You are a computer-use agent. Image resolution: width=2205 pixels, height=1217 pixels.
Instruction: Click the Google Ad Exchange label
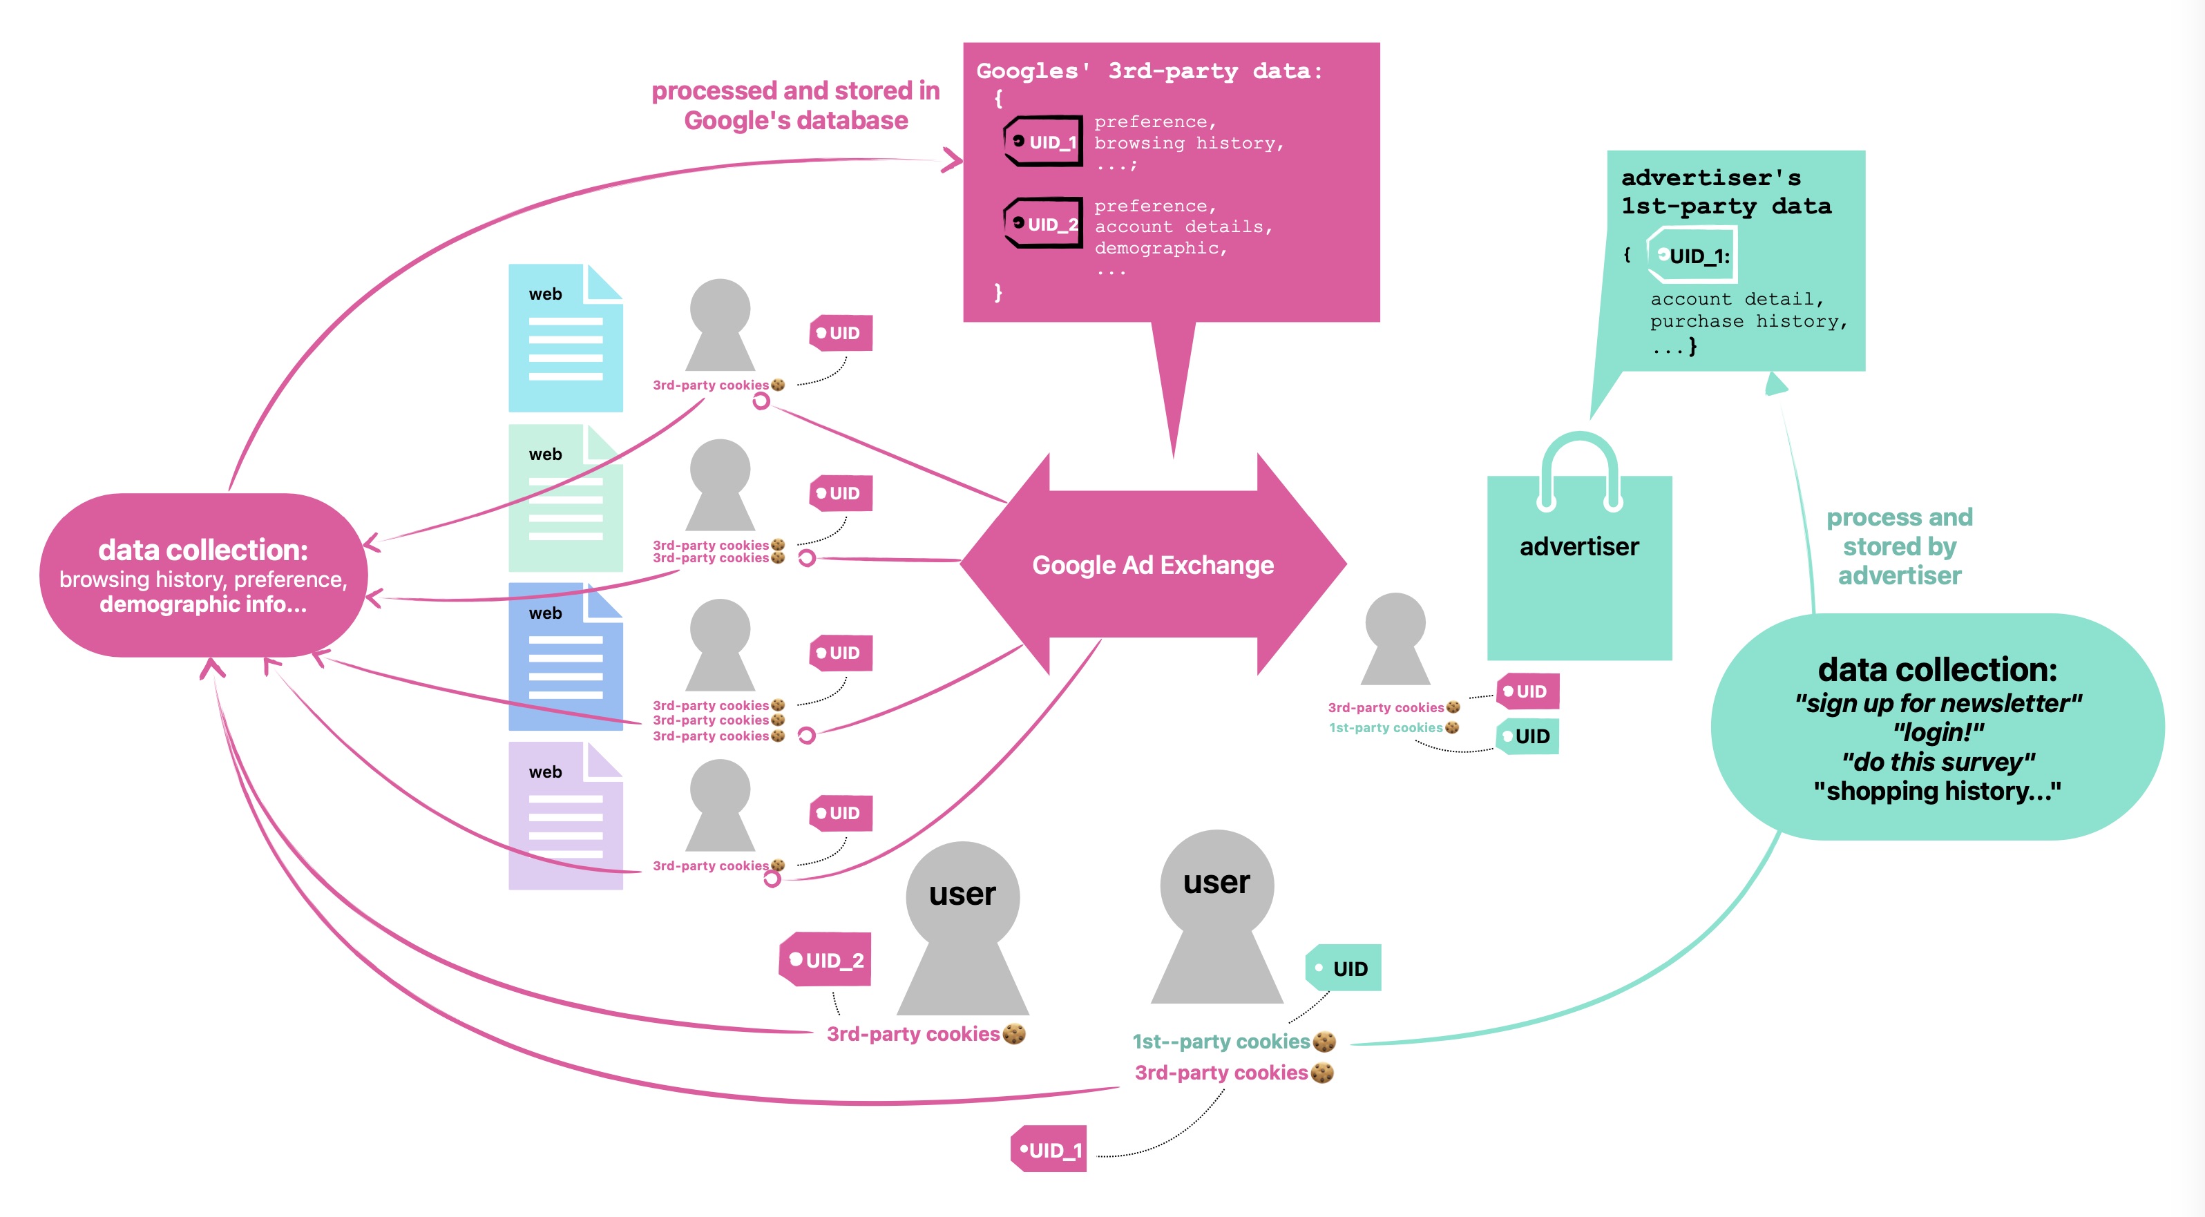1152,565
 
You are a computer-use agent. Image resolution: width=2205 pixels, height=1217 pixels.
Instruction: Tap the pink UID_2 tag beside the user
826,959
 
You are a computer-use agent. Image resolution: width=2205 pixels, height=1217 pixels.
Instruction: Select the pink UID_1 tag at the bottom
1049,1149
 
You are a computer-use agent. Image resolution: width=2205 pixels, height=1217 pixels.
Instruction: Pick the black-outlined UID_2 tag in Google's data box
1043,223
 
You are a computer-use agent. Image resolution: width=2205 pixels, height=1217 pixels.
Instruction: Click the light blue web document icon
565,338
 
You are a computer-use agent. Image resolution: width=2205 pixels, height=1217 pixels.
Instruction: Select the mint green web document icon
565,498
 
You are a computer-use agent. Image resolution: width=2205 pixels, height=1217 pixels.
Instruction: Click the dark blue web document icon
565,658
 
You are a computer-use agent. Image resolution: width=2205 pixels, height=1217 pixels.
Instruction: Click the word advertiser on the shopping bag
1578,546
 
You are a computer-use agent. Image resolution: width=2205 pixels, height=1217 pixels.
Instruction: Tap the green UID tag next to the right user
1343,968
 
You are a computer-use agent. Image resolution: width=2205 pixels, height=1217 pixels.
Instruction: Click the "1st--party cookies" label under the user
1222,1042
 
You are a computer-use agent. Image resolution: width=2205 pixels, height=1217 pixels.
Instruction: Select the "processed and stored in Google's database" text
795,105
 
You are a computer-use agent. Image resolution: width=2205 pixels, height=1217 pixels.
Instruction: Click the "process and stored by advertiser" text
1900,546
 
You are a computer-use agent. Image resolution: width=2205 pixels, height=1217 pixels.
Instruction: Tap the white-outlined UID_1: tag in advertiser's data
1692,255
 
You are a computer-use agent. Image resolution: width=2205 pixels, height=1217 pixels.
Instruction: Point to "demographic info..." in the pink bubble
203,604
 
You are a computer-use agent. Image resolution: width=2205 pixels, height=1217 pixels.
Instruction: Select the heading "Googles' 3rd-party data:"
1149,71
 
